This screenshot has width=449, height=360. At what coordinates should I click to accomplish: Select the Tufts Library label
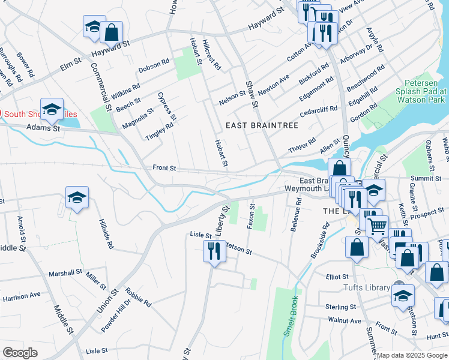tap(367, 288)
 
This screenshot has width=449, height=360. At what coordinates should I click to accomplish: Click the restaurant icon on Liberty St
tap(214, 250)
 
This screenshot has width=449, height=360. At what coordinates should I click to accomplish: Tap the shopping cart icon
tap(377, 227)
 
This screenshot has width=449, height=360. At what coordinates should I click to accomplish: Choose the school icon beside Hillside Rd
tap(77, 198)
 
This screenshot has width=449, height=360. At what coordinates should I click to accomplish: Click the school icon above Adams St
tap(52, 109)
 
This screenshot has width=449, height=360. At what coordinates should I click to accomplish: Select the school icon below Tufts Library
tap(403, 296)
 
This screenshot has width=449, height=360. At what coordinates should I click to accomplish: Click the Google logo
tap(20, 353)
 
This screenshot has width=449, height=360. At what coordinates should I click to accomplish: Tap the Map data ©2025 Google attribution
tap(412, 355)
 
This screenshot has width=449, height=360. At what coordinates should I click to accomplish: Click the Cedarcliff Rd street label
tap(318, 112)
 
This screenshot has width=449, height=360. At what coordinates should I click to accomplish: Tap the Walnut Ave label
tap(345, 321)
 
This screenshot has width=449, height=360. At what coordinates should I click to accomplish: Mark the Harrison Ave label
tap(21, 295)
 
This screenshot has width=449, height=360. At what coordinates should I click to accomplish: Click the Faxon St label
tap(251, 217)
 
